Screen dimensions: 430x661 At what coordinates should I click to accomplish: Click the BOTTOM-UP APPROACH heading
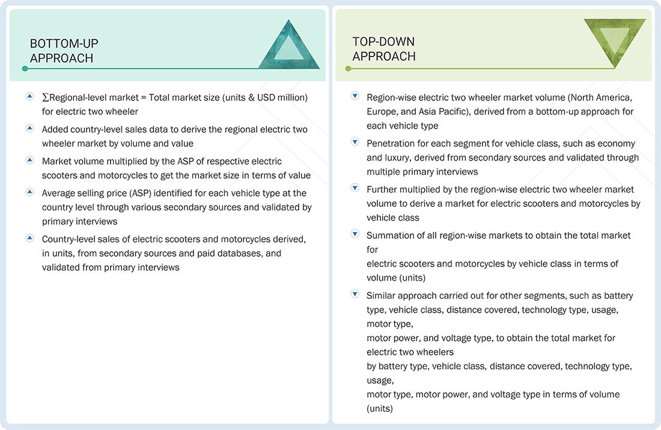pos(64,51)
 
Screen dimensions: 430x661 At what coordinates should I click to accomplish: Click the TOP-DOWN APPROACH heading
pos(384,49)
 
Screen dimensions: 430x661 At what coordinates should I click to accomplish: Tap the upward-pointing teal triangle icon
pos(289,45)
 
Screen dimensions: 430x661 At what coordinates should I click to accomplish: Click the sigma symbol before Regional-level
pos(45,97)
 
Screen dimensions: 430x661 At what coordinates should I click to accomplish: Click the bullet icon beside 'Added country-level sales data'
pos(29,128)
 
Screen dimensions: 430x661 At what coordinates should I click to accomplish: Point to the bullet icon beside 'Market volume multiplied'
pos(29,160)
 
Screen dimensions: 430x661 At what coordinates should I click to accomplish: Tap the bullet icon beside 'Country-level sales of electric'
pos(29,238)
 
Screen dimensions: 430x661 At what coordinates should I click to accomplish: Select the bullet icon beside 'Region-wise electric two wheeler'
pos(355,96)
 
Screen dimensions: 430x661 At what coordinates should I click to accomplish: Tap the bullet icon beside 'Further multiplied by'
pos(355,188)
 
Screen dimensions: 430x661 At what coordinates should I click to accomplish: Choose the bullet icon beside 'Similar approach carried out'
pos(355,295)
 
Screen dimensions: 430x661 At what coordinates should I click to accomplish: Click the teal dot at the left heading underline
pos(25,69)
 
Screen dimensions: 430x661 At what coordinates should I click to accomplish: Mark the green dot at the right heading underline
pos(348,69)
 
